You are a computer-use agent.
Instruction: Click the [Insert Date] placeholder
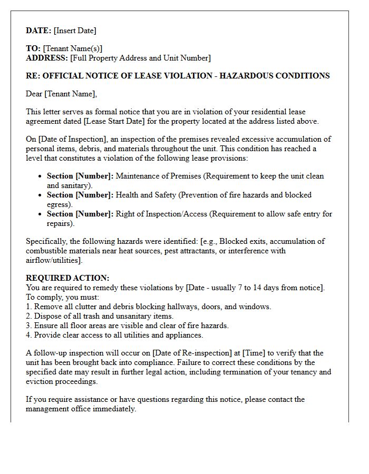pos(75,31)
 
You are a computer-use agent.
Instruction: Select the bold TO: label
pos(33,48)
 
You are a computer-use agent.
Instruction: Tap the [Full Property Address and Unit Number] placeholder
pos(140,58)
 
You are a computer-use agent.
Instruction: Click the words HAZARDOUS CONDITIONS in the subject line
pos(275,76)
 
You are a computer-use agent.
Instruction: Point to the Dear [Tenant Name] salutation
pos(62,94)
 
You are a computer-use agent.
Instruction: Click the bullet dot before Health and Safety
pos(40,195)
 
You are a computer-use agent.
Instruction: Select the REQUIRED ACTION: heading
pos(67,278)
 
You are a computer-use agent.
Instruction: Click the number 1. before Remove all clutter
pos(29,307)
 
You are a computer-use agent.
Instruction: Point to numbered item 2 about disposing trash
pos(100,316)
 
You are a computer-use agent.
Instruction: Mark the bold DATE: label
pos(38,31)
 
